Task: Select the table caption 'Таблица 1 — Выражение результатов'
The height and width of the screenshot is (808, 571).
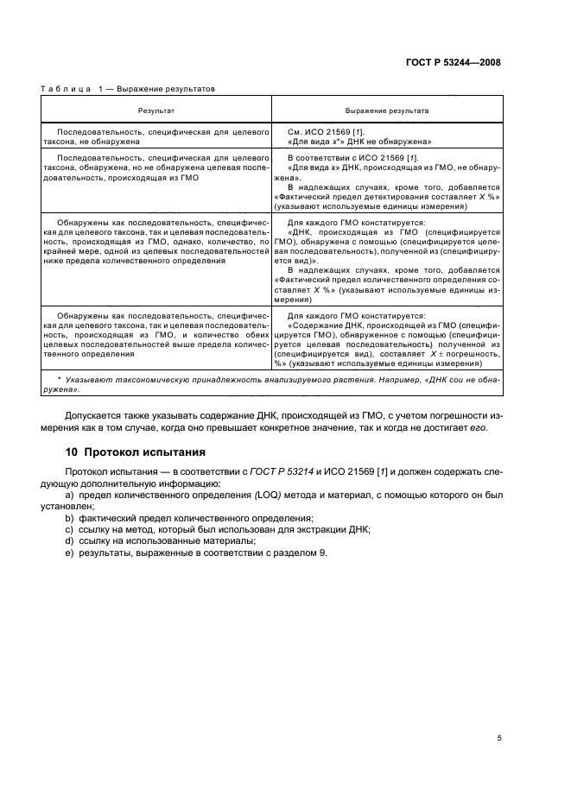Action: coord(129,88)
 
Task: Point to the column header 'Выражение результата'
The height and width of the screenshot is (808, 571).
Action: coord(387,110)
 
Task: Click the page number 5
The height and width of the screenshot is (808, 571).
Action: coord(499,738)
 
